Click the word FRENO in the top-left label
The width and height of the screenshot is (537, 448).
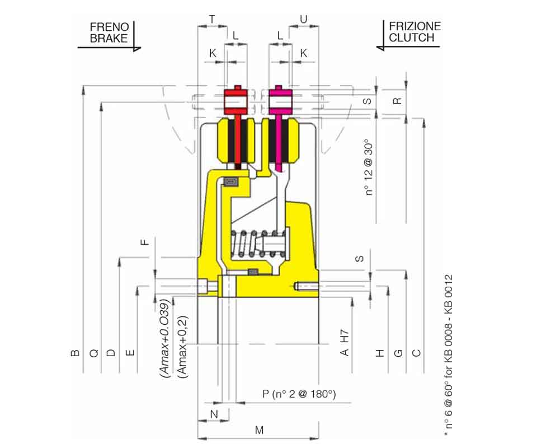(109, 27)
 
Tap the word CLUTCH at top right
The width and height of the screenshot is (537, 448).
(411, 38)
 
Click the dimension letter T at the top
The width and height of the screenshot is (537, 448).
(213, 19)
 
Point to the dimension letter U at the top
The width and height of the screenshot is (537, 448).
(303, 19)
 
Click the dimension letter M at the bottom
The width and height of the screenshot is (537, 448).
(259, 430)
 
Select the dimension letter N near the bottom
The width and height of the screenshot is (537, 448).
(214, 414)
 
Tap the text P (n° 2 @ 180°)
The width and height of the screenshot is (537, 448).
(299, 394)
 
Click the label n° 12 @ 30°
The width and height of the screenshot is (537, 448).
(369, 167)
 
